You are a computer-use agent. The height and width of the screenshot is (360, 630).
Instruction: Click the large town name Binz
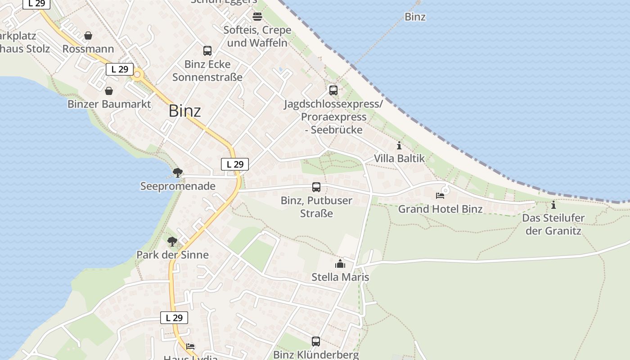click(x=184, y=111)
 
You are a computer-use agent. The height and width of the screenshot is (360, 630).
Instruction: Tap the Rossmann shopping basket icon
click(x=89, y=36)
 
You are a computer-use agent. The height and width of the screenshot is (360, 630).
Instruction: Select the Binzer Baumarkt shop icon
click(x=109, y=91)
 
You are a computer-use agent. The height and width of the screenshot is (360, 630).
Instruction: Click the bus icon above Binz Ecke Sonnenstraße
click(x=207, y=51)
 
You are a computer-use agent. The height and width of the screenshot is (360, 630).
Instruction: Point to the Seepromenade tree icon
click(x=178, y=172)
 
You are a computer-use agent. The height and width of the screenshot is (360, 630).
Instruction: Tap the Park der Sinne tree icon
click(x=172, y=242)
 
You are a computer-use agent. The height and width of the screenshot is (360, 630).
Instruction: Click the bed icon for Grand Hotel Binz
click(x=440, y=195)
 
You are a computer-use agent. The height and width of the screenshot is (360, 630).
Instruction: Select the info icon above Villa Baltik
click(x=399, y=145)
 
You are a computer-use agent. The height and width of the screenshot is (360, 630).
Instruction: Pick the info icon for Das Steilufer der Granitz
click(x=553, y=205)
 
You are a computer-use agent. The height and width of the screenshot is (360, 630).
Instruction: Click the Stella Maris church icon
click(x=340, y=264)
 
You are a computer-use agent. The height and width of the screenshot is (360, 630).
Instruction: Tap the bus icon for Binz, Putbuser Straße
click(x=316, y=187)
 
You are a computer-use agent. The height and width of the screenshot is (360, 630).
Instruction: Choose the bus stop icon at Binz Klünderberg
click(x=316, y=342)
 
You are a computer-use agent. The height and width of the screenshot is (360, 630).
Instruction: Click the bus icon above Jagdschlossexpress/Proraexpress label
click(x=333, y=90)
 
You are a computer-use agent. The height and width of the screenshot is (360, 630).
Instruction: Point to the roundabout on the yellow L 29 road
click(x=137, y=75)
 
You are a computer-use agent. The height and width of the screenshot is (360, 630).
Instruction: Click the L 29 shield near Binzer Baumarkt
click(x=120, y=69)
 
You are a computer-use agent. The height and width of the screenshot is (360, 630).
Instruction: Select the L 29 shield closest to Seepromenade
click(x=235, y=164)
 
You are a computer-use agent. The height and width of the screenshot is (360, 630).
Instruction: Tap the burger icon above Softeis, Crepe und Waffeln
click(x=257, y=17)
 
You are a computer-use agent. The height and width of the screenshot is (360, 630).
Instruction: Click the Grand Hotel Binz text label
click(x=440, y=209)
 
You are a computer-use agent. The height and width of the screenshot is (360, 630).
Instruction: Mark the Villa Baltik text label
click(x=400, y=158)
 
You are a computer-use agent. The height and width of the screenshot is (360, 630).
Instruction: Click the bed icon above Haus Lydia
click(x=191, y=346)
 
